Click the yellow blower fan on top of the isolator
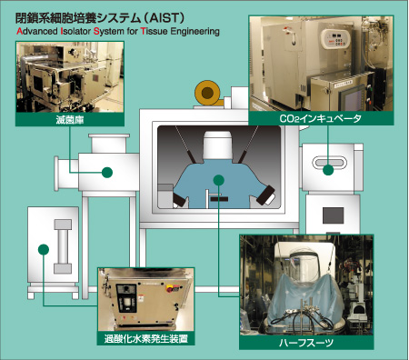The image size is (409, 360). tap(207, 93)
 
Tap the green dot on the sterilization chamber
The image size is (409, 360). tap(107, 173)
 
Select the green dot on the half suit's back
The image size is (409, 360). tap(218, 180)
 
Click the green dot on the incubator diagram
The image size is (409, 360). tap(328, 170)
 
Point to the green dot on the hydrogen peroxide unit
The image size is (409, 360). tap(44, 249)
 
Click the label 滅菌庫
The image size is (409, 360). tap(70, 120)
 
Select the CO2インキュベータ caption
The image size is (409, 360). tap(320, 118)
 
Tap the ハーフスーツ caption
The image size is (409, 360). tap(306, 343)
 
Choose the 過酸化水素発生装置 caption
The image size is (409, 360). tap(145, 338)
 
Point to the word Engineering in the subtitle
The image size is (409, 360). tap(195, 32)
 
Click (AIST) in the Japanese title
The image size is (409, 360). tap(164, 18)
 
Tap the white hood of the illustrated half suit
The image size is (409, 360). tap(218, 145)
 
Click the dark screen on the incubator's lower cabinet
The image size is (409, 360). tap(333, 215)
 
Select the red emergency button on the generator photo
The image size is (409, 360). tap(168, 288)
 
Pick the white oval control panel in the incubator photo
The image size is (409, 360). tap(335, 38)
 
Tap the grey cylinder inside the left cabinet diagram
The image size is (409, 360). tap(63, 246)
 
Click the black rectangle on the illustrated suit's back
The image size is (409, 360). tap(219, 199)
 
